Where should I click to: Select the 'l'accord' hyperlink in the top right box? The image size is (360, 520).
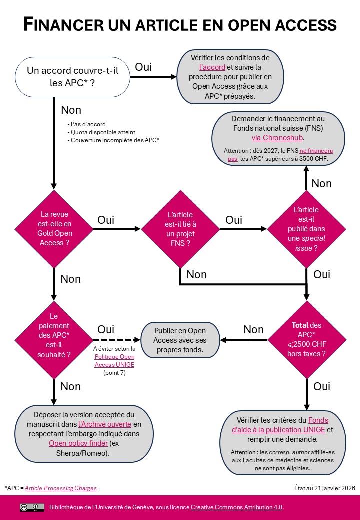(212, 67)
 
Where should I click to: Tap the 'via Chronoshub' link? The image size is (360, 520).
(277, 137)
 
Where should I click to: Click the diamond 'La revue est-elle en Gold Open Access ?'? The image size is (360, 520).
(54, 229)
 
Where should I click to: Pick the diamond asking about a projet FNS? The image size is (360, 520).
(180, 229)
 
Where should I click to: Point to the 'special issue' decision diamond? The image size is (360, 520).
(306, 229)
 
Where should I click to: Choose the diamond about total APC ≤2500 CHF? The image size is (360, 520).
(306, 340)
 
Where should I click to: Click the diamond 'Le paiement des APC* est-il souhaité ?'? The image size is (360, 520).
(54, 340)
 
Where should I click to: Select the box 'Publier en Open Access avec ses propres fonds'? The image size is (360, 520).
(180, 340)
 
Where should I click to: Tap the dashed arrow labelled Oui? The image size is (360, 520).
(116, 340)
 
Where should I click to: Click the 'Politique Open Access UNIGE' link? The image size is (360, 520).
(115, 361)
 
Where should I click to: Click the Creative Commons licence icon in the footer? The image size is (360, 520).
(32, 507)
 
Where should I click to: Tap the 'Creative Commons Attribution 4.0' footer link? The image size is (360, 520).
(236, 507)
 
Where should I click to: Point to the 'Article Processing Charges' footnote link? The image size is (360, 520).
(61, 488)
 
